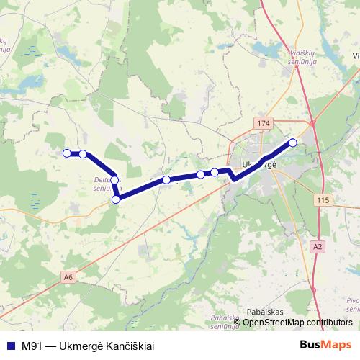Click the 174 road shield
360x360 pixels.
(x=264, y=124)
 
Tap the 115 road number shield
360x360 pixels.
(x=321, y=199)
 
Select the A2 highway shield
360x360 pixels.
(x=318, y=247)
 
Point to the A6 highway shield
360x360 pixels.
(x=68, y=276)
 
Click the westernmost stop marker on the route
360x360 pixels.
(x=67, y=153)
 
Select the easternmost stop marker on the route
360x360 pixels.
(x=293, y=143)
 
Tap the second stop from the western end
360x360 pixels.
(x=84, y=153)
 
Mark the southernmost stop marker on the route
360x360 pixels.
(x=116, y=200)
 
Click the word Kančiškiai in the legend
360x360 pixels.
(x=130, y=345)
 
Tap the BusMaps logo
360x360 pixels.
(x=325, y=345)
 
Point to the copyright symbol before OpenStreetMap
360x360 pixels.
(x=238, y=322)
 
